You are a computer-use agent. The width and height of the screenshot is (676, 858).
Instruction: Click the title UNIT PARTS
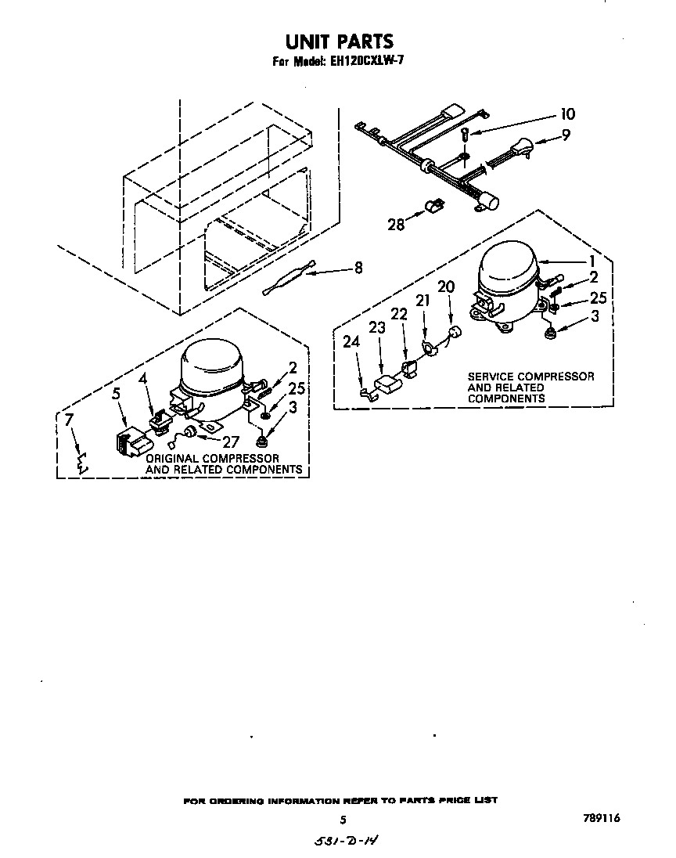click(x=338, y=40)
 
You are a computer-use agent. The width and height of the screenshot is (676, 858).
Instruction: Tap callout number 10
click(x=567, y=114)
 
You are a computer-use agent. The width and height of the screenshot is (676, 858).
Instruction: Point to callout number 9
click(x=566, y=135)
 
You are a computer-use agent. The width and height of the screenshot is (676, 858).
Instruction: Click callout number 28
click(x=397, y=224)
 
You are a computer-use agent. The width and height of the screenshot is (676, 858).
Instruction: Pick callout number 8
click(x=358, y=268)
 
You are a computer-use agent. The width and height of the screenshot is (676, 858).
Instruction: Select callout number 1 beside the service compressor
click(x=593, y=261)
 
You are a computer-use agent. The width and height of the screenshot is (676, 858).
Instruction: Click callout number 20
click(x=445, y=287)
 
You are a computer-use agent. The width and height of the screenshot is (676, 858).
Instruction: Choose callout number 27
click(x=231, y=442)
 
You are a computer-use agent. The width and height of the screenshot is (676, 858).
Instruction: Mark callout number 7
click(x=69, y=420)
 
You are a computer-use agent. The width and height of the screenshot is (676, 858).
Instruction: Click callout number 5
click(x=117, y=395)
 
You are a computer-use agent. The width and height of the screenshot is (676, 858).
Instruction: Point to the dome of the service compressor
click(x=506, y=266)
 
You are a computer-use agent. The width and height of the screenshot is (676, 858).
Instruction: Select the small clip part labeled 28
click(x=432, y=207)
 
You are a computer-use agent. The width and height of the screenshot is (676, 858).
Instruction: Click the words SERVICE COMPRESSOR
click(x=530, y=377)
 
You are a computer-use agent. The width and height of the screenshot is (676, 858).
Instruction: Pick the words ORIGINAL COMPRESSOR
click(x=212, y=458)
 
